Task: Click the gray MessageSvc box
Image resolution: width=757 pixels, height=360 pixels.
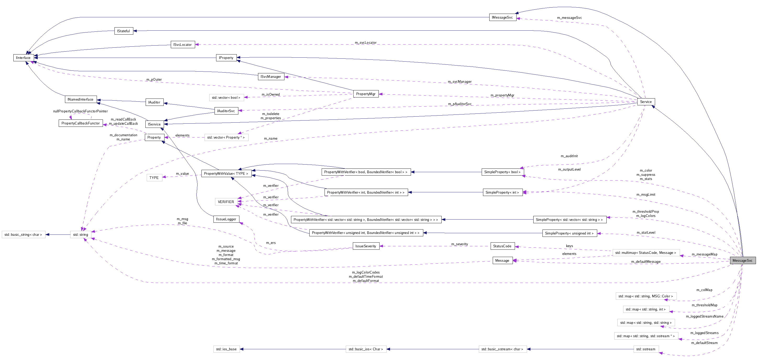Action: [742, 260]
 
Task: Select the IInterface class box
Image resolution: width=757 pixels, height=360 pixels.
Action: [23, 58]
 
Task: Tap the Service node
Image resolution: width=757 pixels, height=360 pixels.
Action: [646, 102]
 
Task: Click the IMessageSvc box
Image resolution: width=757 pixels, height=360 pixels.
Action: [502, 17]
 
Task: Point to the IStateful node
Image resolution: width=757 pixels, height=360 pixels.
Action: [123, 31]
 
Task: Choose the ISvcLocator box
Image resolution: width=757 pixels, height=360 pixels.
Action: [183, 45]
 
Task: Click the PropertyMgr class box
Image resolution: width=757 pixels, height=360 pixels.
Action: [366, 94]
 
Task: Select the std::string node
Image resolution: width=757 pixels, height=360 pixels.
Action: [80, 234]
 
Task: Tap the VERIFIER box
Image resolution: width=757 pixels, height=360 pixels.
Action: [226, 201]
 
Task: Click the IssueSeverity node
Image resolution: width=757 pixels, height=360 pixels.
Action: [366, 246]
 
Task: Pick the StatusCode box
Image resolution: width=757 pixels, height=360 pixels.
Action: [502, 246]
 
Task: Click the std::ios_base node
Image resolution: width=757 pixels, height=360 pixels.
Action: [226, 349]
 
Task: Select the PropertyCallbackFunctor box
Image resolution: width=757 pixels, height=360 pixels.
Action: [80, 123]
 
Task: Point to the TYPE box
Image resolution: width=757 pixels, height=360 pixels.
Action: [154, 177]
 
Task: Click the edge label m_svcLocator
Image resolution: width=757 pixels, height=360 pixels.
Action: [366, 43]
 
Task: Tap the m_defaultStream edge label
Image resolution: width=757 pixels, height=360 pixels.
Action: [704, 343]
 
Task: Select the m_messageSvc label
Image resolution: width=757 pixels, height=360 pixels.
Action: [569, 18]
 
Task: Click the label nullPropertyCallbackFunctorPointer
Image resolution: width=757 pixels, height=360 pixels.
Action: [80, 111]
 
